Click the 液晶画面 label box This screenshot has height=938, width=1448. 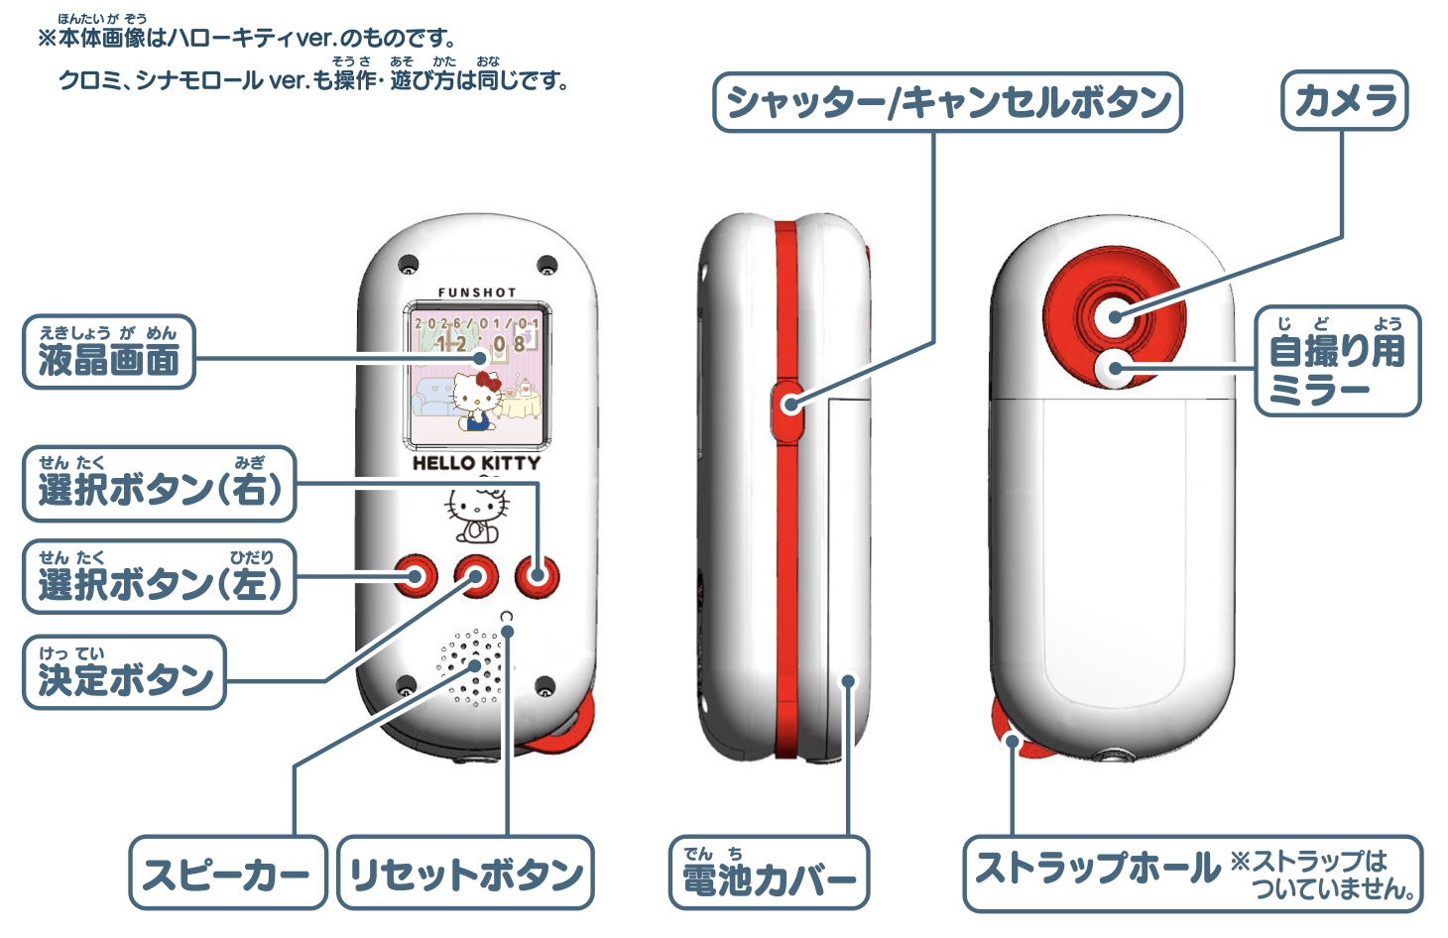click(x=108, y=352)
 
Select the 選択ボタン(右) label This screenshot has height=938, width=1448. click(x=159, y=484)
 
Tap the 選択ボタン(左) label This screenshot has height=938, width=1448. click(x=159, y=577)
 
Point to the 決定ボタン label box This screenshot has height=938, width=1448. click(x=124, y=672)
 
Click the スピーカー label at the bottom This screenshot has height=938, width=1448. click(x=227, y=874)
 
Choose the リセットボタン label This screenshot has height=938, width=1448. click(x=465, y=874)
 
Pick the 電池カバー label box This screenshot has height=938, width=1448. click(x=769, y=874)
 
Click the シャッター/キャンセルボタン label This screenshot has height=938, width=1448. click(x=947, y=102)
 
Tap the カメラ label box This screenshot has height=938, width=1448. click(x=1344, y=100)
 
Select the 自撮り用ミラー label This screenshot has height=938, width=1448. click(x=1337, y=361)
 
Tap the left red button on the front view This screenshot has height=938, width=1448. click(x=417, y=575)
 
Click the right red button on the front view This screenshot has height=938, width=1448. click(x=538, y=575)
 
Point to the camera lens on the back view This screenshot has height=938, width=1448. click(x=1116, y=315)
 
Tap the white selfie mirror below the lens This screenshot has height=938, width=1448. click(x=1116, y=369)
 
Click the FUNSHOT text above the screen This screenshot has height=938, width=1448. click(x=477, y=293)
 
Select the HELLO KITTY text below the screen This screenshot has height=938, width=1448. click(x=477, y=463)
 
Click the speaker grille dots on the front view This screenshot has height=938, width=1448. click(x=474, y=666)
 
